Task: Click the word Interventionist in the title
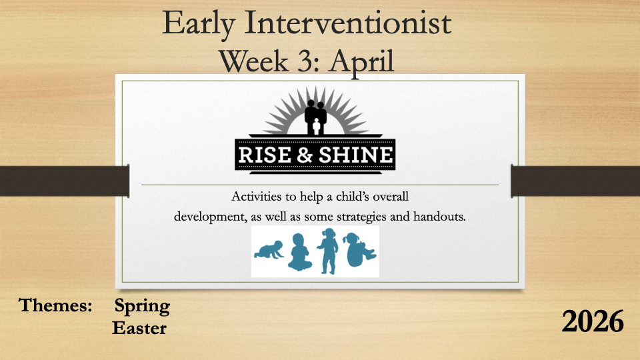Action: pyautogui.click(x=348, y=23)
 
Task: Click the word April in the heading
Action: pyautogui.click(x=362, y=63)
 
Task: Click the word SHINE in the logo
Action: pyautogui.click(x=355, y=155)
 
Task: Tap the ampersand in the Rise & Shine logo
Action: pyautogui.click(x=305, y=155)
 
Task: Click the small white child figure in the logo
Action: pyautogui.click(x=316, y=127)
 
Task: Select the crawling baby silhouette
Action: pyautogui.click(x=269, y=250)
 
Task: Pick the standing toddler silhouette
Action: pyautogui.click(x=329, y=251)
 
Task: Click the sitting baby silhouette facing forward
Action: pyautogui.click(x=299, y=252)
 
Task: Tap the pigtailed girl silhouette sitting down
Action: pyautogui.click(x=359, y=250)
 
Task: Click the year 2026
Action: pyautogui.click(x=593, y=321)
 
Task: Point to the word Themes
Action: pyautogui.click(x=55, y=305)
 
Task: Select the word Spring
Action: pyautogui.click(x=142, y=307)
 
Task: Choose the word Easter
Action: pyautogui.click(x=139, y=328)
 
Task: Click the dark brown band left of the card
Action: pyautogui.click(x=65, y=181)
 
